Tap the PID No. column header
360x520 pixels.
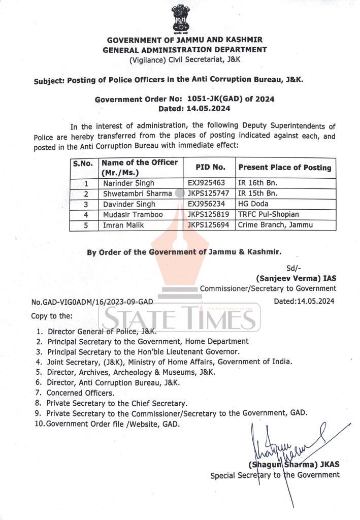pos(210,167)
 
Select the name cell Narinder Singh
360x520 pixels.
pos(129,183)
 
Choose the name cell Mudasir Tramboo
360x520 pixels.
pos(133,215)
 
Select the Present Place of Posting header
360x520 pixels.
pos(284,167)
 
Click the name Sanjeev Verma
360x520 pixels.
pos(296,278)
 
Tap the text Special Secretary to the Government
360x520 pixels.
pos(275,475)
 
